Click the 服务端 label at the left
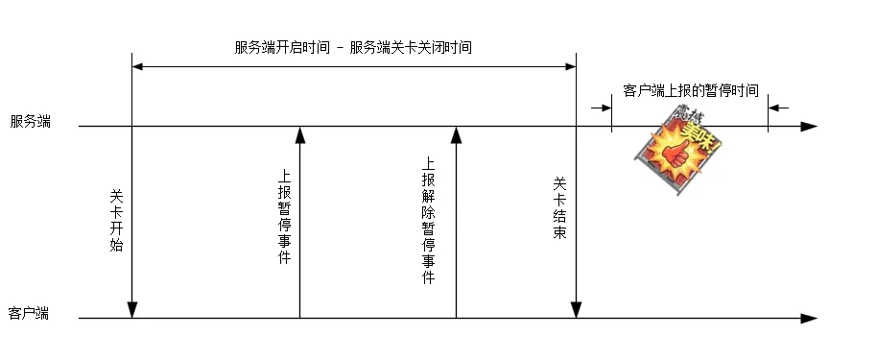click(x=30, y=122)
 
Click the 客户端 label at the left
click(x=29, y=313)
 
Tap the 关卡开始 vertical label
click(x=116, y=221)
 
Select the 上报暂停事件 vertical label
click(x=284, y=217)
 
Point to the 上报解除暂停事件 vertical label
click(x=428, y=220)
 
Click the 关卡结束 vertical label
click(x=559, y=208)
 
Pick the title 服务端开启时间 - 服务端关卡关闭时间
click(x=353, y=47)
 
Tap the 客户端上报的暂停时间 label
click(x=691, y=90)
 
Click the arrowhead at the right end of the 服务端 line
click(x=809, y=127)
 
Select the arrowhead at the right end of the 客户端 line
click(x=809, y=319)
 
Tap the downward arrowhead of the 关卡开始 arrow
click(x=132, y=310)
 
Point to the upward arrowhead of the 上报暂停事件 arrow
click(x=299, y=135)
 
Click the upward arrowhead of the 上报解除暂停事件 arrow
click(x=457, y=135)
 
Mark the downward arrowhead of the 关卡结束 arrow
click(x=576, y=310)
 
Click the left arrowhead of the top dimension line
click(x=137, y=66)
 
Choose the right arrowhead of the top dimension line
click(x=570, y=66)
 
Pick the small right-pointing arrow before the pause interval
click(x=602, y=108)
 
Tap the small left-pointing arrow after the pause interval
click(x=778, y=108)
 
